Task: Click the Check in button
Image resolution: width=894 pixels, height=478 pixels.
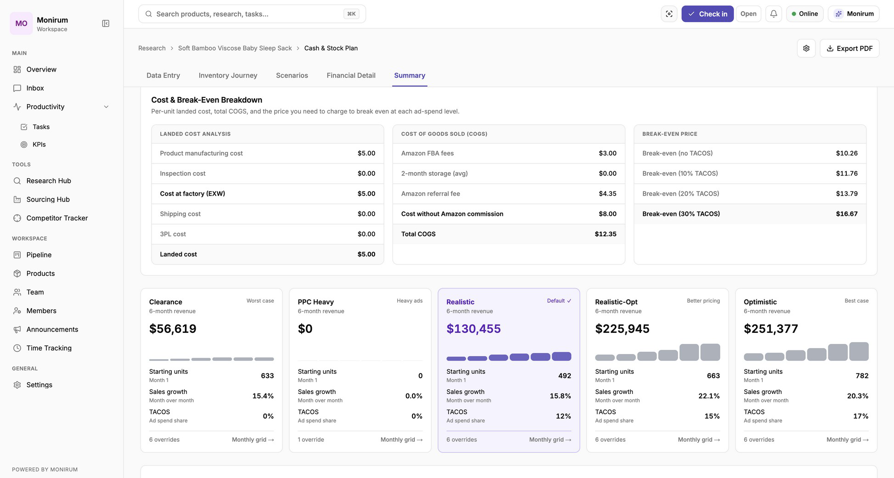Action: [707, 14]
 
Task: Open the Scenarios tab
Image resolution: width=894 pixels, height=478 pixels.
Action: [292, 75]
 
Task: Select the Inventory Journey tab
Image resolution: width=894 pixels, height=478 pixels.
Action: [228, 75]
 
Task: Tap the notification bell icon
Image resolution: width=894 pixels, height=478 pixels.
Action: [774, 14]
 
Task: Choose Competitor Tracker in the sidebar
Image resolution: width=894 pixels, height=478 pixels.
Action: [57, 218]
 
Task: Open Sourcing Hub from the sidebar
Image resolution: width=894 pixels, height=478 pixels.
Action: [48, 199]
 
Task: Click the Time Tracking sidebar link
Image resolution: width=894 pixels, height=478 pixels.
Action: [49, 348]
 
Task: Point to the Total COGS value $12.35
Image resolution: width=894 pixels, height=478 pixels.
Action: [606, 234]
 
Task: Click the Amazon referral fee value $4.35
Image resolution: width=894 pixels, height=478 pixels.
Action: [607, 194]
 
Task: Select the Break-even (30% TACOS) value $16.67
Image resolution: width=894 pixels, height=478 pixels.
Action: [847, 214]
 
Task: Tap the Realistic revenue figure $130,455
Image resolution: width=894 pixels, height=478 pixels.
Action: [473, 329]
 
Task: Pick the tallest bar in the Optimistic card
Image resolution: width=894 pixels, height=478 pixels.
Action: [859, 351]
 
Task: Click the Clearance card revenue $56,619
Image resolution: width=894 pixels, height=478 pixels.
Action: [173, 329]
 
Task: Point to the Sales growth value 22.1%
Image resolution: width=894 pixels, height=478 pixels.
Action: [709, 396]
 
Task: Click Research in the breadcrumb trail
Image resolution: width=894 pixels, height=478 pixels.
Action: [152, 48]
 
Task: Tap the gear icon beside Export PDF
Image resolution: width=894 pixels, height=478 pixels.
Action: [806, 48]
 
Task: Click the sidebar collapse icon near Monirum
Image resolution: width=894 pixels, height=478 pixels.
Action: [106, 23]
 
